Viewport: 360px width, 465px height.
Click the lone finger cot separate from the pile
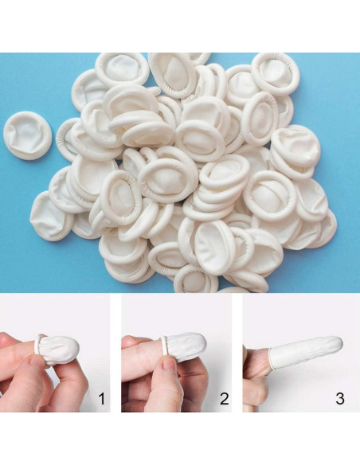point(28,135)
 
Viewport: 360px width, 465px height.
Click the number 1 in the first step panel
point(102,399)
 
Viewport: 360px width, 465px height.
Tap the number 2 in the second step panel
point(224,399)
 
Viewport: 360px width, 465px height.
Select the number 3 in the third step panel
point(340,399)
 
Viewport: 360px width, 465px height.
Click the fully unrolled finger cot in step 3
point(305,352)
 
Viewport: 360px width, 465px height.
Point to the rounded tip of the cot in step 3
point(339,343)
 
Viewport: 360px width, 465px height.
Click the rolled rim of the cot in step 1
point(37,345)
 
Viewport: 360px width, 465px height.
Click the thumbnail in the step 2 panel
point(170,363)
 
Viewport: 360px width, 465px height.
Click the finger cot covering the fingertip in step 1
point(58,350)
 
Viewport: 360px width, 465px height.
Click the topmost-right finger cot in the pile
point(276,73)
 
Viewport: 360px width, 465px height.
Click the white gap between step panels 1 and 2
point(115,353)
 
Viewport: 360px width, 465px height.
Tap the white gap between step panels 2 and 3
point(237,353)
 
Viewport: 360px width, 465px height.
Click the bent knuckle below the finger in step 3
point(254,392)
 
